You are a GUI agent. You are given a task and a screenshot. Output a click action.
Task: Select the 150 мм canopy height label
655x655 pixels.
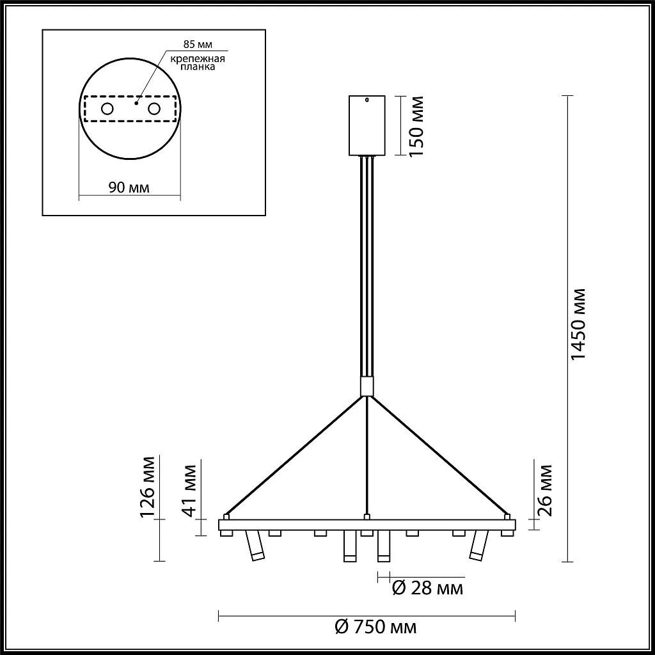(416, 126)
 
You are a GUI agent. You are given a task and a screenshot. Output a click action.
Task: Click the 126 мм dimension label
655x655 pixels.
(148, 485)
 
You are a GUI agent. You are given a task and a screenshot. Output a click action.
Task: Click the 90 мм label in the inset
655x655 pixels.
(129, 187)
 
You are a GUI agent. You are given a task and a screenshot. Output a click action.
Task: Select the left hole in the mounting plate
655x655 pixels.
(107, 109)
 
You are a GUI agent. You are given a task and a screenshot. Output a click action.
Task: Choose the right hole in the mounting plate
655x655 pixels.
(154, 109)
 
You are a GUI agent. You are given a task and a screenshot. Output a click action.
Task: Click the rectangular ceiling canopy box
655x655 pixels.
(367, 126)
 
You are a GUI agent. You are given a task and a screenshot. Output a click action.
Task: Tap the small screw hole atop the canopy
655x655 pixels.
(367, 99)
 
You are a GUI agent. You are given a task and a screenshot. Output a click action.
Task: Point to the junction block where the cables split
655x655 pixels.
(367, 387)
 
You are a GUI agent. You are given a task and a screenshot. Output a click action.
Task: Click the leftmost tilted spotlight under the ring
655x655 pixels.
(254, 546)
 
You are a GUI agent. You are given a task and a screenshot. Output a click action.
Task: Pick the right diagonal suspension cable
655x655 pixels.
(438, 455)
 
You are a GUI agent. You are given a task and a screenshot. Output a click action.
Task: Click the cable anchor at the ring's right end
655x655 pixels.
(507, 516)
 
